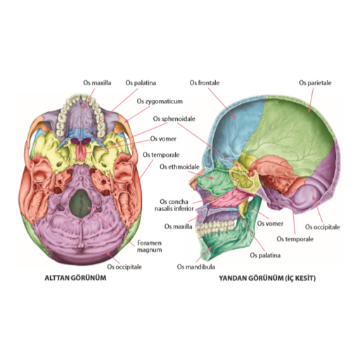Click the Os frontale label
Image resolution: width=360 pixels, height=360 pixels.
205,83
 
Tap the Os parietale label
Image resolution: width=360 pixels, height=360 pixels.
315,83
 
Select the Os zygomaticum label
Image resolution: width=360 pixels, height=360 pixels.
160,101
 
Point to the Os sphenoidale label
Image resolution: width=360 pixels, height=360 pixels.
174,119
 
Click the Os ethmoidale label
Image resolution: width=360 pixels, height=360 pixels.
179,167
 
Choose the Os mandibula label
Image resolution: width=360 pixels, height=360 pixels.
196,266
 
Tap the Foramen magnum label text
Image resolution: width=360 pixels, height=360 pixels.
150,246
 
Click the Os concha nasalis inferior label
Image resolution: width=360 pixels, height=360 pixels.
174,205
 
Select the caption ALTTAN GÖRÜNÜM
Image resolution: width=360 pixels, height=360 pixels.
75,278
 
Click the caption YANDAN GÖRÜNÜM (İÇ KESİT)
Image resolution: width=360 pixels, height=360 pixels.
267,278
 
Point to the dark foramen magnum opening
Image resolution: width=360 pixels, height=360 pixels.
81,203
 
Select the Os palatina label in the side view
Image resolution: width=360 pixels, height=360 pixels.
265,255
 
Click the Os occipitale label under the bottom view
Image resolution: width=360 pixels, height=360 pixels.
124,266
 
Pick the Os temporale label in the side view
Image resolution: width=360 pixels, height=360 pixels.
295,239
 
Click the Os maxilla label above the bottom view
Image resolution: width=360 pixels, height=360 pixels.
97,83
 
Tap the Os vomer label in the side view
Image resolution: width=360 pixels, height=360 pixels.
270,224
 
